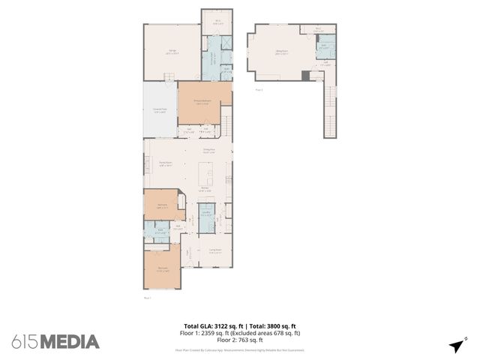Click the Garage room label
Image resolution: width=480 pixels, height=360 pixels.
pyautogui.click(x=172, y=50)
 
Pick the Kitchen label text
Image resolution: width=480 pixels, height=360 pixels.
pyautogui.click(x=204, y=189)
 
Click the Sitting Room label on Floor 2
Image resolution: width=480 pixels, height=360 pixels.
pyautogui.click(x=282, y=52)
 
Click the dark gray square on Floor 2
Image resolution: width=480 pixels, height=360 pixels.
pyautogui.click(x=305, y=75)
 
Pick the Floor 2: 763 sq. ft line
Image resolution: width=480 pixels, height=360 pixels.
pyautogui.click(x=240, y=340)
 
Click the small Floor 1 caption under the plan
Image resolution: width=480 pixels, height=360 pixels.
pyautogui.click(x=147, y=298)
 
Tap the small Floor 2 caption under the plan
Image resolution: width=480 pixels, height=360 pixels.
pyautogui.click(x=259, y=89)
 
